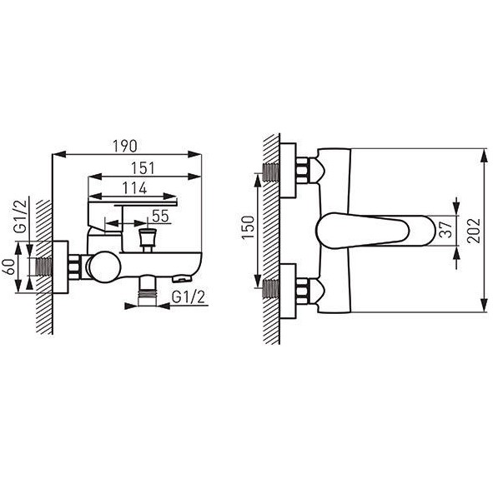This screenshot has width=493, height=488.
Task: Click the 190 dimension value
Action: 125,146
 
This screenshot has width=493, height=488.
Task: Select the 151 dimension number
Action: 143,168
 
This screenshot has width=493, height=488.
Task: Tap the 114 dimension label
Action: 134,188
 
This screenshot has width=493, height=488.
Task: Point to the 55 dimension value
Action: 160,217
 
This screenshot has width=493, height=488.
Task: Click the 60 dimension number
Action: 9,266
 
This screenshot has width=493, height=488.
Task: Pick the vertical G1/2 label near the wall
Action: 21,217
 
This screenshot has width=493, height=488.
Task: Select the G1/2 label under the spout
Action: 189,296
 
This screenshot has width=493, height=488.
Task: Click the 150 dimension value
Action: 248,227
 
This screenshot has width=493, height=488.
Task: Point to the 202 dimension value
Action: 474,231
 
